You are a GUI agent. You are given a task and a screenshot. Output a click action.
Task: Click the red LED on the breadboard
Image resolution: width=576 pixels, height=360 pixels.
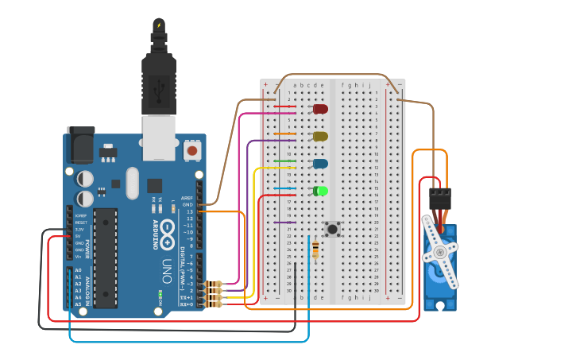(320, 108)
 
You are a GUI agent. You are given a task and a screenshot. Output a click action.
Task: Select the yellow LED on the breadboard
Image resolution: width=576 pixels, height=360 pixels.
(320, 136)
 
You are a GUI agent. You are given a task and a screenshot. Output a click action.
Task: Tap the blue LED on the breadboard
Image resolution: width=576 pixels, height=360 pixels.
(320, 163)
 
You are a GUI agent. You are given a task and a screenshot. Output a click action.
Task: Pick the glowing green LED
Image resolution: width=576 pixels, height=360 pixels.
(320, 191)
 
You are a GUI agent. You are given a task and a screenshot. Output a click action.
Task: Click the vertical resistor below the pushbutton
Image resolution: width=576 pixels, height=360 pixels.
(316, 250)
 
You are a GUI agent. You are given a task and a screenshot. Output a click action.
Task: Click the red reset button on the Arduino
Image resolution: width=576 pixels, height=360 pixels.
(191, 149)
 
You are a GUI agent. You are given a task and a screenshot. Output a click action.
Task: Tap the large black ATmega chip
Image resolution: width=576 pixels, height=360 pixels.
(106, 257)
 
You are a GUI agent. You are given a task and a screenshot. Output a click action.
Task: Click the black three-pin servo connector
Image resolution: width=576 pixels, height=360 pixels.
(439, 197)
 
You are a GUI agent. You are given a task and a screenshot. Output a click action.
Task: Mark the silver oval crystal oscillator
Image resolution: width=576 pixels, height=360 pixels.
(132, 183)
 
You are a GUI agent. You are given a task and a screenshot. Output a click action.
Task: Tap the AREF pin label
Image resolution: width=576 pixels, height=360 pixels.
(187, 198)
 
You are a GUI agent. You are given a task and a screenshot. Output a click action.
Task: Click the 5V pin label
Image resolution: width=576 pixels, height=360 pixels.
(78, 236)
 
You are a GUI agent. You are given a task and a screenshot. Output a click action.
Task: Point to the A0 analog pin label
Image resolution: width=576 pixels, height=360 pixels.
(78, 270)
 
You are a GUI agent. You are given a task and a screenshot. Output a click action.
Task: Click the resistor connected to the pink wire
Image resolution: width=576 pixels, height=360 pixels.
(213, 284)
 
